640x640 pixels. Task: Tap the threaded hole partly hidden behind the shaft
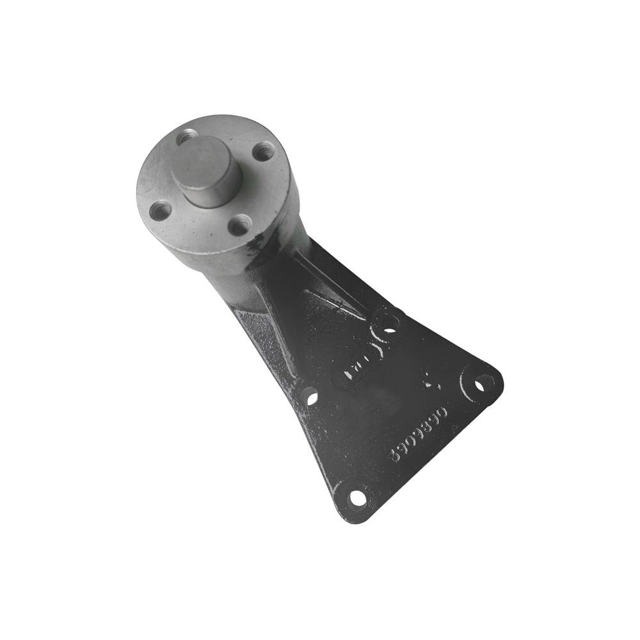(186, 136)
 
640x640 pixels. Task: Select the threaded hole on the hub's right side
(262, 152)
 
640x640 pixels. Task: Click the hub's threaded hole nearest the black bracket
(239, 225)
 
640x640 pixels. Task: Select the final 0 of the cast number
(445, 410)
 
